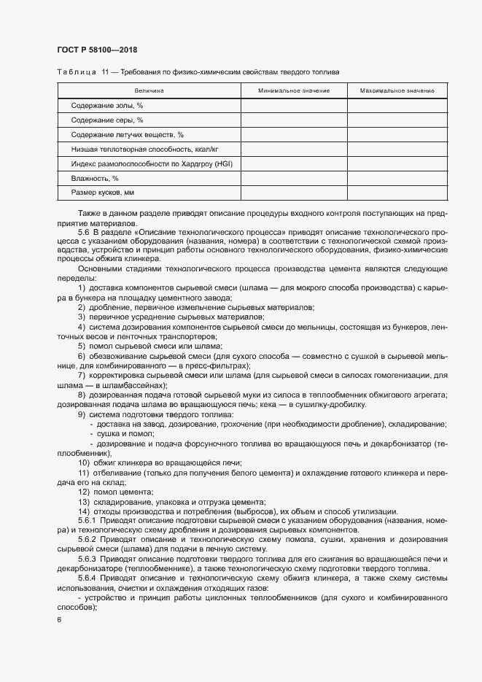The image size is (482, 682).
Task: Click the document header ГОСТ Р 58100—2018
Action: tap(96, 50)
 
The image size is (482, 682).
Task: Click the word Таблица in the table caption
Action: tap(77, 72)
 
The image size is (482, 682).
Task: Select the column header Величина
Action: tap(149, 91)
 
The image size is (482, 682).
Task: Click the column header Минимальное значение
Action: tap(294, 91)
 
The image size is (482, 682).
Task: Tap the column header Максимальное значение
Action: tap(397, 91)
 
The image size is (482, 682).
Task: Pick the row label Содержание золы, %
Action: tap(107, 106)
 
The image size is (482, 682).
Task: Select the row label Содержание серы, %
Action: tap(107, 120)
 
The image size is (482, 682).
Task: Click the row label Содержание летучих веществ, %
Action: tap(128, 135)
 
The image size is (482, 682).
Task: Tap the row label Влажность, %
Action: tap(95, 178)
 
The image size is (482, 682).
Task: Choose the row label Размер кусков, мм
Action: tap(103, 193)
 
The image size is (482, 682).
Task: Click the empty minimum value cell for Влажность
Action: tap(294, 178)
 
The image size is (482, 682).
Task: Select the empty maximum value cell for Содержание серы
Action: tap(397, 120)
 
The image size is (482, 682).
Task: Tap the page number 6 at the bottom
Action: tap(59, 620)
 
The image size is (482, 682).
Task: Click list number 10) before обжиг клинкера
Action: tap(84, 463)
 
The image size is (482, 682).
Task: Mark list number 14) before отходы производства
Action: tap(84, 511)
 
